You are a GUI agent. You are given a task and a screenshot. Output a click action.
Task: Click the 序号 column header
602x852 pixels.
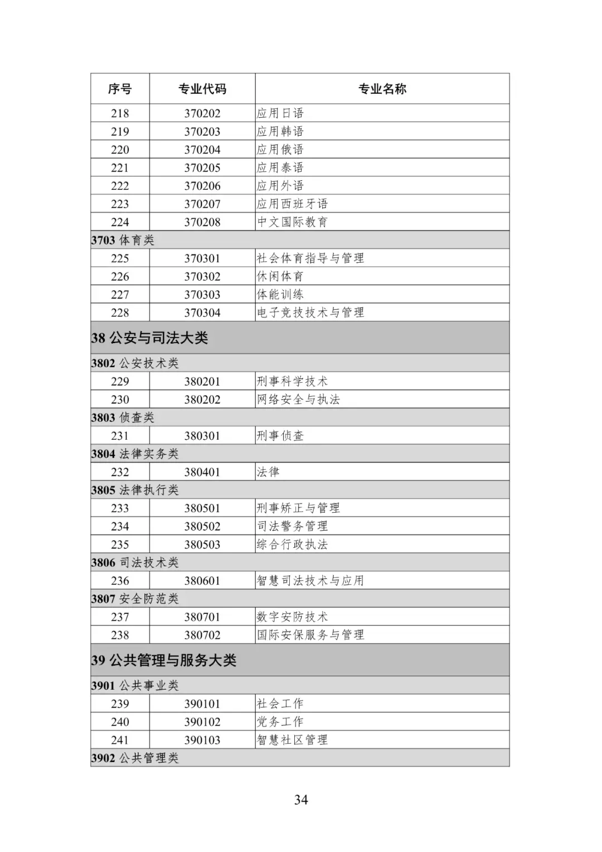click(x=120, y=89)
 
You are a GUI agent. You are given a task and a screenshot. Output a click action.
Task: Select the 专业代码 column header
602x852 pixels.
click(x=202, y=89)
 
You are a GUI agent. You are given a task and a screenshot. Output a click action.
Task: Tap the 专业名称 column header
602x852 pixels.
click(x=382, y=89)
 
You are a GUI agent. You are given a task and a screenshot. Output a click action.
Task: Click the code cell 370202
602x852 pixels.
click(x=202, y=113)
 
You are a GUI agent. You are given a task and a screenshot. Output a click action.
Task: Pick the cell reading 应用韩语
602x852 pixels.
click(x=280, y=132)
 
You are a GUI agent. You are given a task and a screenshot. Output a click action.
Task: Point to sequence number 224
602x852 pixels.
click(x=120, y=222)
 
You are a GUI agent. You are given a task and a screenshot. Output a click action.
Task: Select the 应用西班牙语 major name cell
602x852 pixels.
click(x=292, y=204)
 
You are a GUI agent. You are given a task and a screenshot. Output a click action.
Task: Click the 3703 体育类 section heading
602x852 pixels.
click(x=123, y=240)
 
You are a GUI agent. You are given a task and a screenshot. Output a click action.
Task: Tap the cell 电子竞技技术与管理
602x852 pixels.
click(x=310, y=312)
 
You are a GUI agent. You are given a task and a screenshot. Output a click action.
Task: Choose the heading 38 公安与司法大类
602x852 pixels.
click(x=150, y=338)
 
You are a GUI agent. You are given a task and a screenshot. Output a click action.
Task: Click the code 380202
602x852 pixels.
click(x=202, y=399)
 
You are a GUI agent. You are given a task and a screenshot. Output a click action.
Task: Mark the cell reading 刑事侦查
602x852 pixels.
click(x=280, y=436)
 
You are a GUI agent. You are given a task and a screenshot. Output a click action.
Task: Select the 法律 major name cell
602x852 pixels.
click(x=268, y=472)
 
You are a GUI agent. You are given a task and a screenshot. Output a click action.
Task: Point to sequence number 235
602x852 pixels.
click(x=120, y=545)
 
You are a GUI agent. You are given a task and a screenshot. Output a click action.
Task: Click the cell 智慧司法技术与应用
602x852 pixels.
click(x=310, y=581)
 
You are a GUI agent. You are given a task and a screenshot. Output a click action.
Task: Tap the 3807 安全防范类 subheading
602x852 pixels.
click(x=135, y=599)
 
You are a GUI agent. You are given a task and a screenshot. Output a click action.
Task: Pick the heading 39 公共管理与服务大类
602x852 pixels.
click(x=164, y=661)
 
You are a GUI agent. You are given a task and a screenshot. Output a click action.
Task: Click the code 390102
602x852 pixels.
click(x=202, y=722)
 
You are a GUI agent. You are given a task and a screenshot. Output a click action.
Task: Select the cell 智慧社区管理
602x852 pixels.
click(x=292, y=740)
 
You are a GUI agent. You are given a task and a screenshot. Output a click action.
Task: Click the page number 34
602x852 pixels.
click(x=301, y=800)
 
